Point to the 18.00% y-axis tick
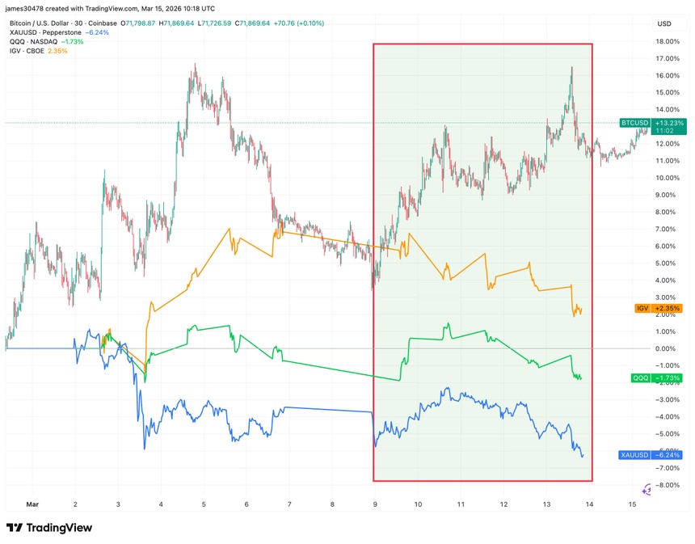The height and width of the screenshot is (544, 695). tap(667, 41)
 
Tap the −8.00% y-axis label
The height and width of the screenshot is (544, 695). tap(667, 485)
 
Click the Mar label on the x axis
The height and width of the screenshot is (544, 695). tap(32, 504)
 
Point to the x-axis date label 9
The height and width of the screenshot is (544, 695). tap(375, 504)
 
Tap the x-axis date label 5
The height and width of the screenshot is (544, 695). tap(204, 504)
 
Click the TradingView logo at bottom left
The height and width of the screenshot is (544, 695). tap(49, 528)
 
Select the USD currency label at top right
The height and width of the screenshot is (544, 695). tap(665, 23)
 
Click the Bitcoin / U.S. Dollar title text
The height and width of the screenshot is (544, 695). tap(48, 22)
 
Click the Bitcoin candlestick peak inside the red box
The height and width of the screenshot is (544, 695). tap(572, 68)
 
